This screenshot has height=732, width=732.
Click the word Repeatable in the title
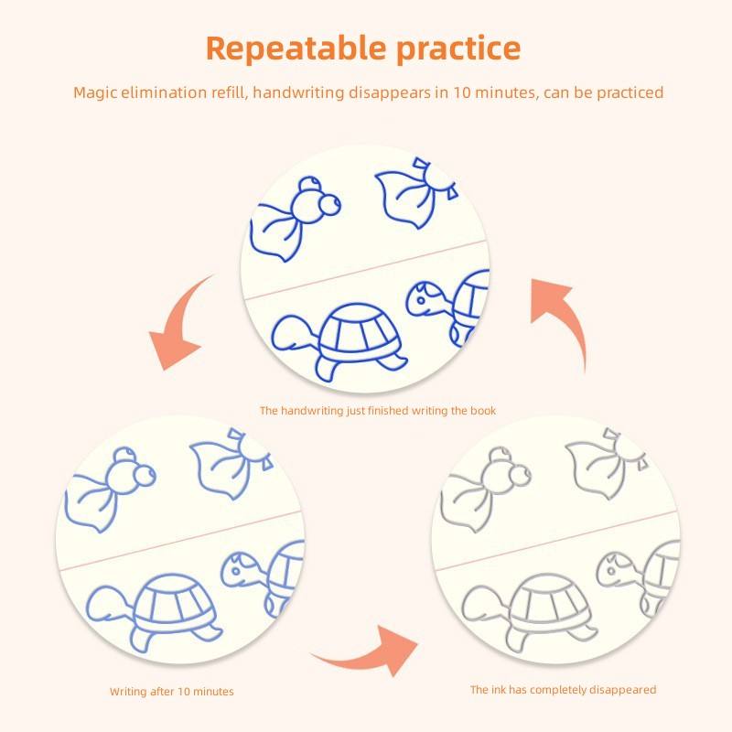[296, 49]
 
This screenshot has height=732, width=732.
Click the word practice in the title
[458, 49]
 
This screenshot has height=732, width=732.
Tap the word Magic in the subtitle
[95, 92]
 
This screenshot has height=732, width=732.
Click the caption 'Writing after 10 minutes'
[172, 692]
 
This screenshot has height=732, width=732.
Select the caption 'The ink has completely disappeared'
[563, 690]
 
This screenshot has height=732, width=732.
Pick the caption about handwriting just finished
[378, 410]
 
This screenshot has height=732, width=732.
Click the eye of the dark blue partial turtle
[421, 301]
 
